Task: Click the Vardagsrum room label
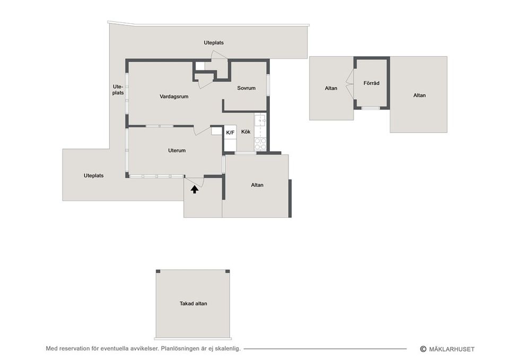(x=174, y=96)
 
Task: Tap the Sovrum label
(x=246, y=88)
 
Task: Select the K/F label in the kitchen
(x=230, y=133)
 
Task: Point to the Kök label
(x=245, y=132)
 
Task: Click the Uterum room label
(x=177, y=150)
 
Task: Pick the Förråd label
(x=371, y=83)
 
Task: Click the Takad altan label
(x=193, y=303)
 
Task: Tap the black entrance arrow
(x=195, y=189)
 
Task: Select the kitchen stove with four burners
(x=260, y=144)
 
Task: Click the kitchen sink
(x=260, y=121)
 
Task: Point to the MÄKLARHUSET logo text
(x=452, y=349)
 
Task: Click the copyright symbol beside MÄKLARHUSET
(x=423, y=349)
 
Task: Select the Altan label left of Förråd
(x=331, y=88)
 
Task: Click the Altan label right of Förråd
(x=419, y=95)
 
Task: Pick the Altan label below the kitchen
(x=257, y=185)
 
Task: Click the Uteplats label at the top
(x=214, y=42)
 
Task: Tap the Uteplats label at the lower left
(x=93, y=175)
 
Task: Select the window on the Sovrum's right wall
(x=268, y=85)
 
